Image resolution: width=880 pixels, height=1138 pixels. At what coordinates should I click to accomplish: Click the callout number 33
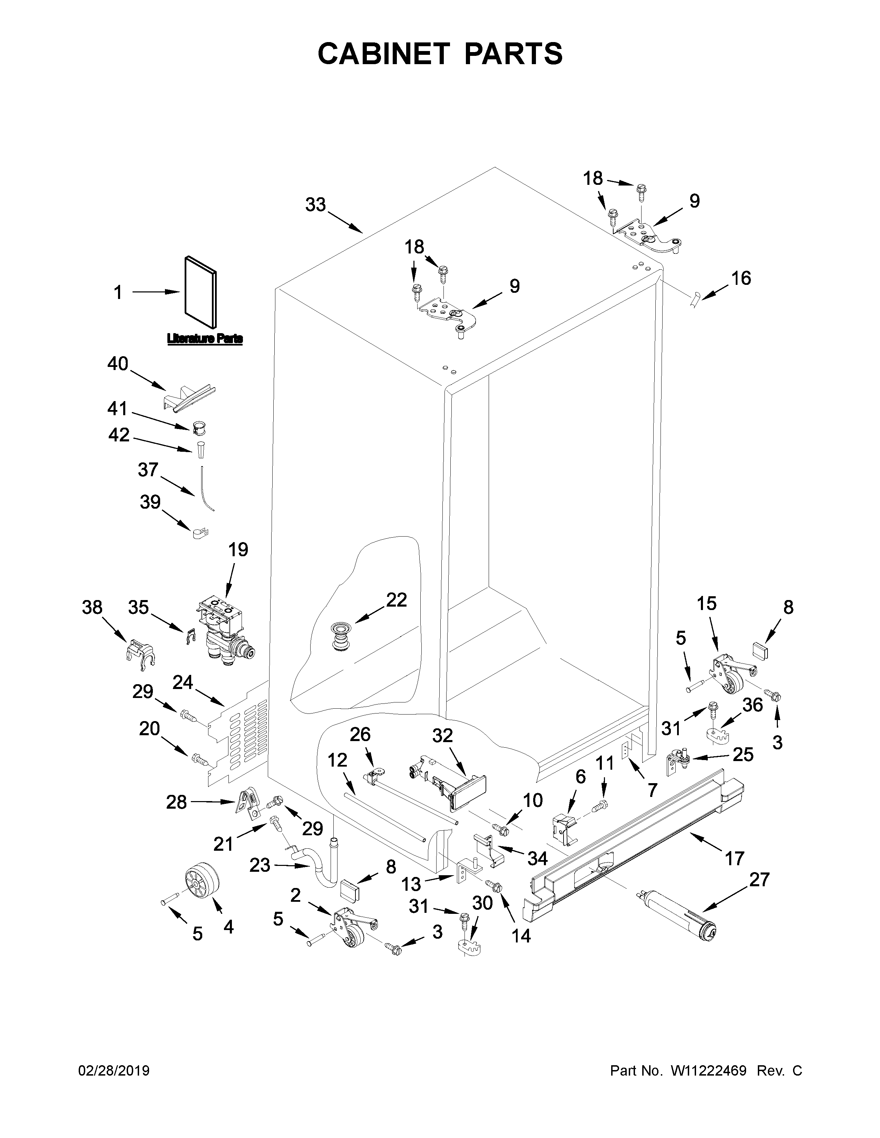tap(315, 205)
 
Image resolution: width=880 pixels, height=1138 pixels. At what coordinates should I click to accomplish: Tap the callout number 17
tap(734, 858)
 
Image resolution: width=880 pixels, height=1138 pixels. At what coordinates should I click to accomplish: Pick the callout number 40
tap(118, 364)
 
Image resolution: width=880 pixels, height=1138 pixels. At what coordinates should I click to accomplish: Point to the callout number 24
tap(183, 682)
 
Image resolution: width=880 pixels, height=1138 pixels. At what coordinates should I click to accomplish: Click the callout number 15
tap(706, 603)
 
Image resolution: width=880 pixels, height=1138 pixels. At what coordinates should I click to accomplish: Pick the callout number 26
tap(360, 734)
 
